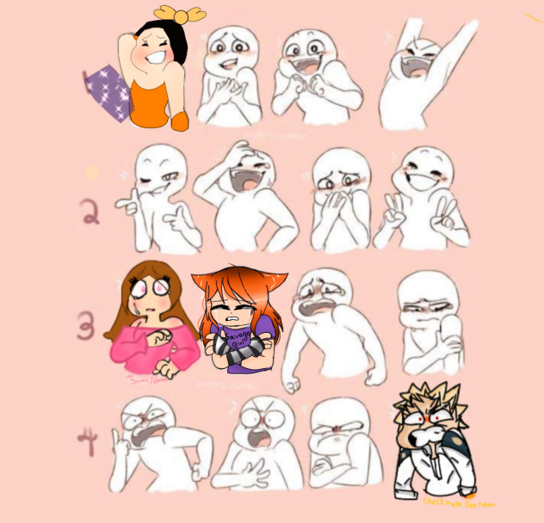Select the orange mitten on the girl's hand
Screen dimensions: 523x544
pos(180,122)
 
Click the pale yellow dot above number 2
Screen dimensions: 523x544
pos(90,173)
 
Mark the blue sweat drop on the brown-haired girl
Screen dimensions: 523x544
pos(136,304)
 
